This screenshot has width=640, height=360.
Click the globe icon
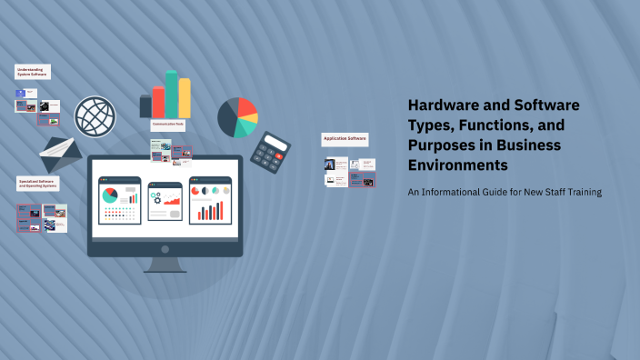(x=95, y=117)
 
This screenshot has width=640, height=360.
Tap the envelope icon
(x=61, y=155)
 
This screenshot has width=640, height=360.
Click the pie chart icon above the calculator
(x=237, y=117)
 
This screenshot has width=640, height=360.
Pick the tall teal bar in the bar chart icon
(x=172, y=94)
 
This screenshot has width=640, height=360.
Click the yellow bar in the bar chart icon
(x=185, y=98)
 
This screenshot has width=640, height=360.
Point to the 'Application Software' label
(x=345, y=139)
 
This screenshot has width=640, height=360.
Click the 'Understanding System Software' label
(x=33, y=72)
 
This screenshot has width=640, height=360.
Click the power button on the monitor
(x=165, y=248)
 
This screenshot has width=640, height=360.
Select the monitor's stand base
(x=165, y=268)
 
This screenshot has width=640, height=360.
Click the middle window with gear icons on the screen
(x=165, y=201)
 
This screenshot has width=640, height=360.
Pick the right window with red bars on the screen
(x=210, y=201)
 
